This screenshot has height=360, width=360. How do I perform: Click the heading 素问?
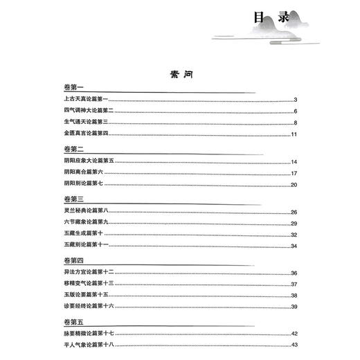click(179, 75)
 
